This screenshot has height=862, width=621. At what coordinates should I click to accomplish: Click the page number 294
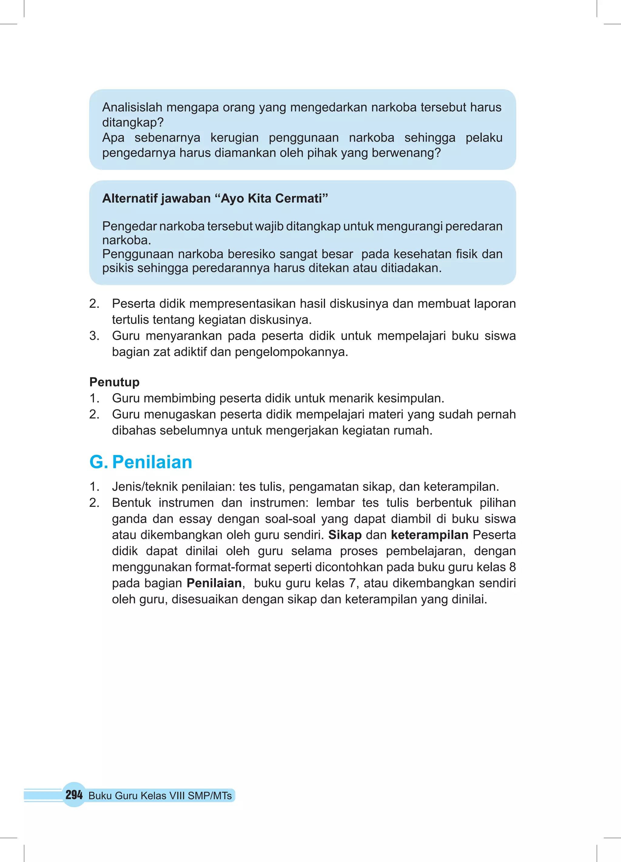point(74,795)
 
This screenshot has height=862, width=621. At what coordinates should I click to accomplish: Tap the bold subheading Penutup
point(114,382)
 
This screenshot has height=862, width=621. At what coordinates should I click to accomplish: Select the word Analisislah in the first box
point(132,108)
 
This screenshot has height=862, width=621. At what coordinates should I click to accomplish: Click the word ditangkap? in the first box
point(133,123)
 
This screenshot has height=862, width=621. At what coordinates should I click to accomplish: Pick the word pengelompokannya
point(291,352)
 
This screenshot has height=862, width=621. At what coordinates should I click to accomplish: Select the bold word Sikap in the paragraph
point(345,535)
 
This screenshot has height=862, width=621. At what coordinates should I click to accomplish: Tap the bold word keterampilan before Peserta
point(429,535)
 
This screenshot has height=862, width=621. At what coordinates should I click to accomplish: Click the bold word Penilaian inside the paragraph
point(214,583)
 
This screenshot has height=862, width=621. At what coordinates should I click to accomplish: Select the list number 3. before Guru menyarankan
point(94,336)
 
